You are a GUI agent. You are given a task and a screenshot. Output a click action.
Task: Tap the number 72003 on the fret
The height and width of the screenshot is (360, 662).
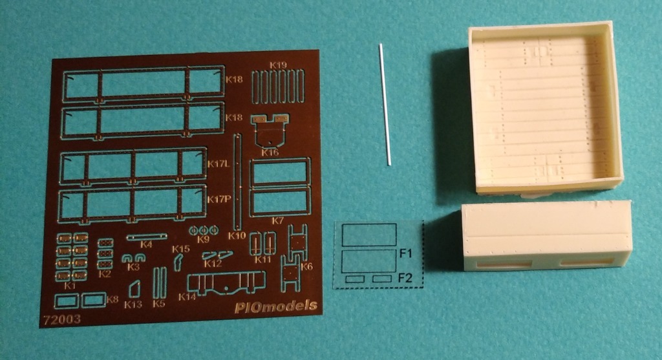point(60,319)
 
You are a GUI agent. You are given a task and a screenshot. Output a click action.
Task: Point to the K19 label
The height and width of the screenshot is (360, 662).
point(278,65)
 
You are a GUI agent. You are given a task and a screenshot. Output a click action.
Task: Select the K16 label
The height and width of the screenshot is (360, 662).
point(270,153)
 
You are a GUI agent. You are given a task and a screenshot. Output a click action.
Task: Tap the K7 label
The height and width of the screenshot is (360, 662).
point(278,221)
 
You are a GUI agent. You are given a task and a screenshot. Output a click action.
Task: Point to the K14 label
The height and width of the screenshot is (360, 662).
point(187,297)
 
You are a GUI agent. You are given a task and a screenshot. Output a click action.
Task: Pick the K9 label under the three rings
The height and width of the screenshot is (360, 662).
point(204,239)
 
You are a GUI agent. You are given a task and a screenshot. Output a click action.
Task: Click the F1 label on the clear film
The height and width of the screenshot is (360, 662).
point(407,253)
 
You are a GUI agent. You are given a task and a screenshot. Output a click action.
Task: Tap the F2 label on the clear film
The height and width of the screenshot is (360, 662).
point(406,278)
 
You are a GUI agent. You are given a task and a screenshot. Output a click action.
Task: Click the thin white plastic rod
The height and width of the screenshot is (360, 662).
point(385,103)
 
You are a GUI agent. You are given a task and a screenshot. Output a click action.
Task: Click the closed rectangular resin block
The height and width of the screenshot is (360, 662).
point(547,235)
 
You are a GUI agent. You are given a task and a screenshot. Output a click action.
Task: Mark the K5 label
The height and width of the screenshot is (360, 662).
point(159,304)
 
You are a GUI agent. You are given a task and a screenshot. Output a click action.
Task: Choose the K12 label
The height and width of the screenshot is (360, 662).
point(212,264)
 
